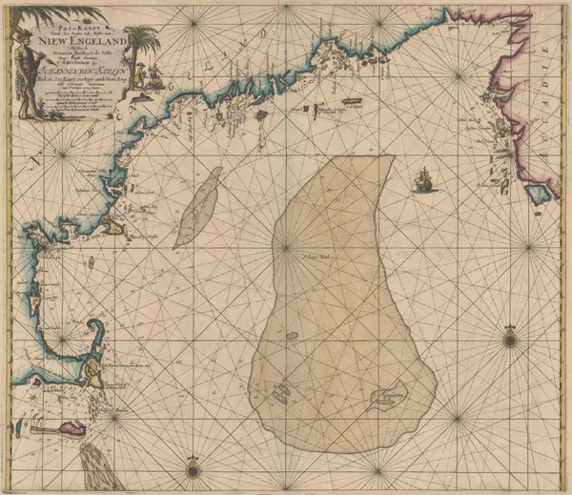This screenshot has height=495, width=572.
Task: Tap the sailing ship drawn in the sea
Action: click(423, 179)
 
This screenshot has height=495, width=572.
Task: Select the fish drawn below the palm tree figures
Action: click(144, 95)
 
